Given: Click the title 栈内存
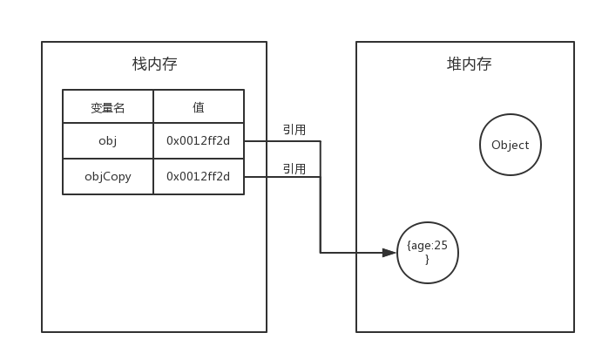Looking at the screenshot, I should pyautogui.click(x=154, y=65).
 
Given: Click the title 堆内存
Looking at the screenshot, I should pyautogui.click(x=469, y=65).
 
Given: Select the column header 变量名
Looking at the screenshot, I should pyautogui.click(x=108, y=107).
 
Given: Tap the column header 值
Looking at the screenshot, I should pyautogui.click(x=199, y=107).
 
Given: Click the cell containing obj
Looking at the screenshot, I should pyautogui.click(x=108, y=140).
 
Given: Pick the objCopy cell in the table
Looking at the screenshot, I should pyautogui.click(x=108, y=176).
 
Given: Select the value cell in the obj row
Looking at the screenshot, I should pyautogui.click(x=199, y=140).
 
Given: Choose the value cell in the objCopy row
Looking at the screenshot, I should pyautogui.click(x=199, y=176).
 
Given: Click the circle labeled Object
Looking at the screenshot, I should pyautogui.click(x=511, y=145).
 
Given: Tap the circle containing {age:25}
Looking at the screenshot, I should pyautogui.click(x=427, y=253).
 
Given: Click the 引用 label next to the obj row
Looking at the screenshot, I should pyautogui.click(x=294, y=130).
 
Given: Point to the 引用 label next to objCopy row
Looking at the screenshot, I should pyautogui.click(x=294, y=168).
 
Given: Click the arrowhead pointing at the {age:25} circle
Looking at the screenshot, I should pyautogui.click(x=389, y=253).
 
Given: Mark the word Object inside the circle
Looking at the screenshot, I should pyautogui.click(x=511, y=146).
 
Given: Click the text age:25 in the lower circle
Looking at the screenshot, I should pyautogui.click(x=429, y=246).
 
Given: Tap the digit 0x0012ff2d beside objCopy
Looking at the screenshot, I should pyautogui.click(x=199, y=176).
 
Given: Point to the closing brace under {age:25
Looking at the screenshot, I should pyautogui.click(x=427, y=259).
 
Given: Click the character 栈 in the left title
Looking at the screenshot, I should pyautogui.click(x=139, y=65).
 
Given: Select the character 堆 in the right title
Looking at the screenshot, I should pyautogui.click(x=454, y=65).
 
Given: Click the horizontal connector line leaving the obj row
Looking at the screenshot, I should pyautogui.click(x=281, y=140).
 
